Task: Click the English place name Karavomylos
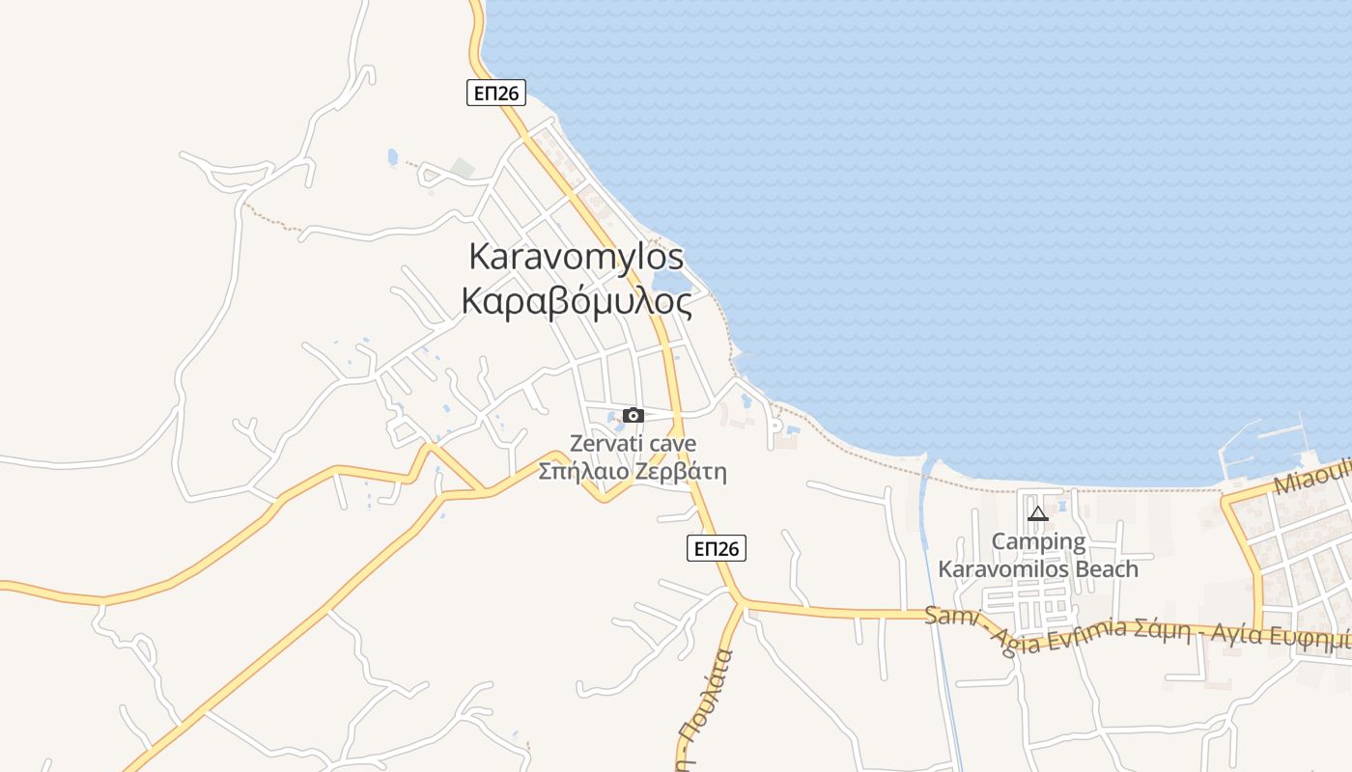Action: click(576, 257)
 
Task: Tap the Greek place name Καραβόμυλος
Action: click(577, 302)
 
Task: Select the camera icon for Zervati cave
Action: click(634, 415)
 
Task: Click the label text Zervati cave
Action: click(633, 445)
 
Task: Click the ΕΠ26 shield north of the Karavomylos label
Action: click(496, 93)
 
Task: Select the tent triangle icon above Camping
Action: click(1038, 513)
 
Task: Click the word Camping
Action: click(1038, 541)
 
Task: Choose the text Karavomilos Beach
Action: click(1038, 569)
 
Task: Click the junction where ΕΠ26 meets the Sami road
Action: click(741, 602)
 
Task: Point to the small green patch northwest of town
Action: click(463, 168)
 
